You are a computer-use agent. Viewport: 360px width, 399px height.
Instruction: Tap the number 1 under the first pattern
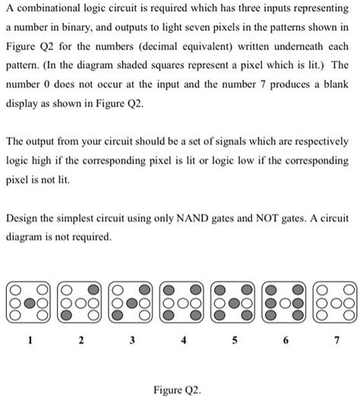30,341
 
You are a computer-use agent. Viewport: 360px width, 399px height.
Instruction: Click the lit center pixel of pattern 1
30,301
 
